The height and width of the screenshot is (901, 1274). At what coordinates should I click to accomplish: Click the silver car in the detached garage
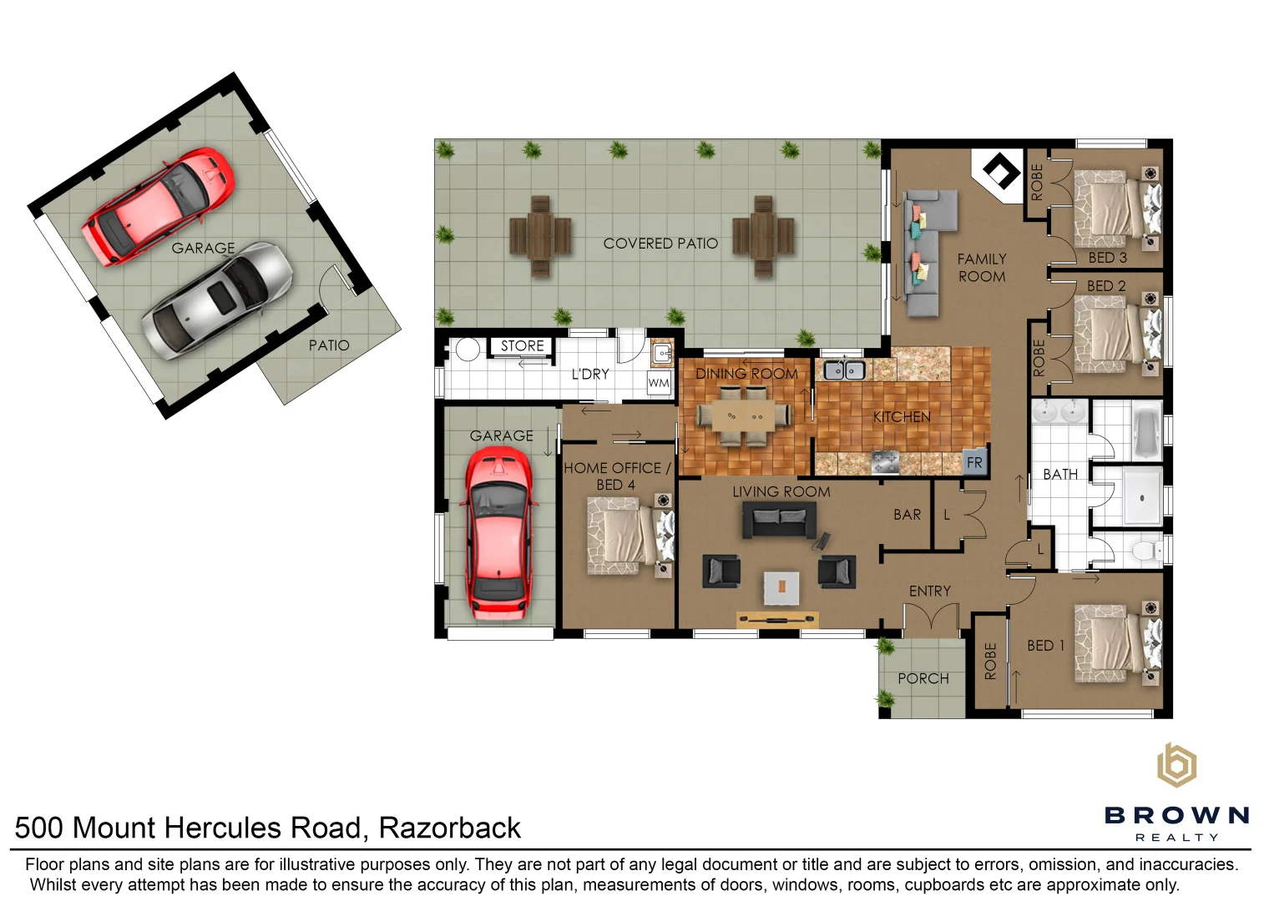[x=217, y=300]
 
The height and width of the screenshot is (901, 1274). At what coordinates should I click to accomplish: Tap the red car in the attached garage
[x=498, y=534]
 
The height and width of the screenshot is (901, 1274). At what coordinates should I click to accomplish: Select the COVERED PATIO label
[x=660, y=244]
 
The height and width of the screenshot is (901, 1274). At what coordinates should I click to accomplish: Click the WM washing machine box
[x=659, y=383]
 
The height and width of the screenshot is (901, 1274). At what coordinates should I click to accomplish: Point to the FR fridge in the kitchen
[x=974, y=462]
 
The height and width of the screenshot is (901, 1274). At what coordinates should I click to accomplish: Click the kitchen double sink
[x=843, y=370]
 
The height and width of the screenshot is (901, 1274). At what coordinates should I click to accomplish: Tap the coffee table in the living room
[x=781, y=587]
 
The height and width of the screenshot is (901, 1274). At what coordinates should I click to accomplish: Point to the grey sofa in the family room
[x=923, y=250]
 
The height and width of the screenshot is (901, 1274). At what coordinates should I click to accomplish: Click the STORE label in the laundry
[x=522, y=345]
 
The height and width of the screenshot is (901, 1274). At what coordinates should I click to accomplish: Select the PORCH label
[x=923, y=678]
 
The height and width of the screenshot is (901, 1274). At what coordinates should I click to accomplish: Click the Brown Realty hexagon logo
[x=1175, y=765]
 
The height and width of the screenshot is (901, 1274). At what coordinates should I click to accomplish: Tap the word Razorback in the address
[x=449, y=828]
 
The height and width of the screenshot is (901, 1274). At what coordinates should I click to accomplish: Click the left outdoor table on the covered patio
[x=540, y=236]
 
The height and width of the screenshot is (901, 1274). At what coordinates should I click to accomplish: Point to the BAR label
[x=907, y=515]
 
